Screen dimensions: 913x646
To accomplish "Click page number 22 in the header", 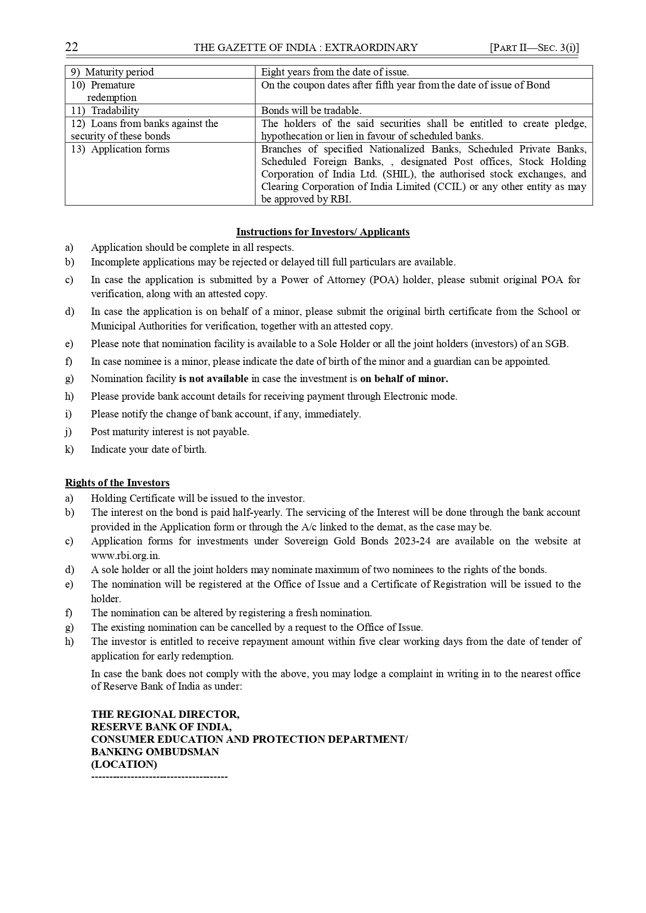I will pos(71,47).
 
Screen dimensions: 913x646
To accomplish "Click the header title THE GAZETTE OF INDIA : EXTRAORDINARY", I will pos(306,48).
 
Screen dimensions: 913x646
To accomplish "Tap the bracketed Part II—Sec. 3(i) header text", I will pos(534,48).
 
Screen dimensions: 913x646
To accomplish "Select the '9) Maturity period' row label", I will pos(112,72).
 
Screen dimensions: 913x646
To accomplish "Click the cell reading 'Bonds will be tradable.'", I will pos(311,110).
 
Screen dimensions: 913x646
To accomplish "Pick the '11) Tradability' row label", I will pos(106,110).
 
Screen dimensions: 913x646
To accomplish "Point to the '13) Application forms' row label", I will pos(121,149).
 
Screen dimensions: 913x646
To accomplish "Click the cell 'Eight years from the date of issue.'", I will pos(335,72).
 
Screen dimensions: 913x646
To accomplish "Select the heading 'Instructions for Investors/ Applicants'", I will pos(323,232).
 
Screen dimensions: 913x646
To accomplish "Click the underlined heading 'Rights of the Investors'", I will pos(117,483).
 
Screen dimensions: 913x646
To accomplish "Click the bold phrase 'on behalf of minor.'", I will pos(404,379).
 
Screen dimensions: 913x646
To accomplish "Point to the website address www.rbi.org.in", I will pos(125,555).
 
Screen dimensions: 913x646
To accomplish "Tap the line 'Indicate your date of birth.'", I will pos(149,449).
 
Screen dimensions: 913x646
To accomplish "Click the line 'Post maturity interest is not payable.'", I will pos(170,432).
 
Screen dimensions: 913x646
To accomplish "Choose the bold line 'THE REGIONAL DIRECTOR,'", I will pos(165,714).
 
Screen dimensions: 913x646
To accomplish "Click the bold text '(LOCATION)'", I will pos(124,765).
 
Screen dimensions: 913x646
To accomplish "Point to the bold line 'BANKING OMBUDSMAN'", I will pos(155,752).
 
